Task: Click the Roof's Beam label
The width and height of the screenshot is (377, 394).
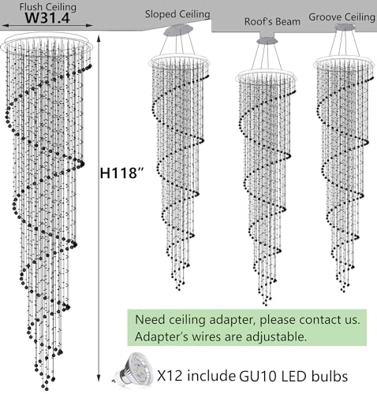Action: (x=272, y=21)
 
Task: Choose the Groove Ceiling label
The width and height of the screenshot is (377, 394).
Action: (x=342, y=16)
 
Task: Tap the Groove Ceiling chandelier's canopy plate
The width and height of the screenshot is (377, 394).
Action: (x=344, y=28)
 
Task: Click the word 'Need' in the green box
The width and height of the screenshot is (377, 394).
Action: (x=151, y=321)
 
